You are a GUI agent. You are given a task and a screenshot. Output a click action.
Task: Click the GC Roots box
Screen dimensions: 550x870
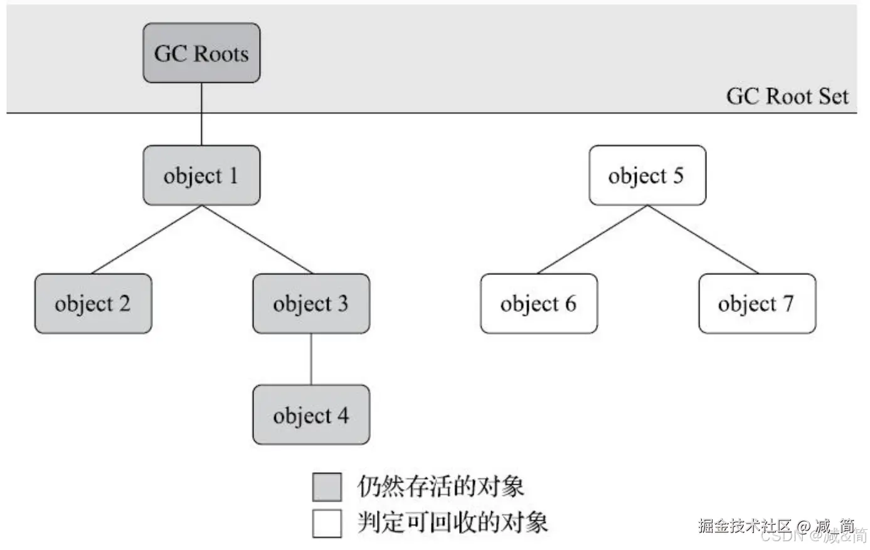201,53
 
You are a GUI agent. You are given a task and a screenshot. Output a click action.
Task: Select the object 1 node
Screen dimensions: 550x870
201,175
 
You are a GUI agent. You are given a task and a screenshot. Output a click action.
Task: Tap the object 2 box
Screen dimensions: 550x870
93,304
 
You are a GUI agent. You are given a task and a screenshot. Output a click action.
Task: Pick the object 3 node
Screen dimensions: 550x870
311,304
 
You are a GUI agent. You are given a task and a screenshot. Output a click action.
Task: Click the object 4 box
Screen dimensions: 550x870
311,415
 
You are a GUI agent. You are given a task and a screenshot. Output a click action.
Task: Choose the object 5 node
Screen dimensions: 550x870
647,175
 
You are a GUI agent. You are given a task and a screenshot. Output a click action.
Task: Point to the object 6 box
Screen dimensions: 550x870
538,304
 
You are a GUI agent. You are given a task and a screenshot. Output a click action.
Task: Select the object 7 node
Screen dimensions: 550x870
757,304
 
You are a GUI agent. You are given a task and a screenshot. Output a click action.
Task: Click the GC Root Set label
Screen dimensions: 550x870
787,96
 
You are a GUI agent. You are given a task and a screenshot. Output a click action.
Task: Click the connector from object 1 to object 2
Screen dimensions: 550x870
147,239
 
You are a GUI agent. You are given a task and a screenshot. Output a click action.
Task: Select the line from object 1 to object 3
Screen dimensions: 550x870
257,239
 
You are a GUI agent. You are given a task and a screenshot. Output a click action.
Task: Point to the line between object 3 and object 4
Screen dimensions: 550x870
311,359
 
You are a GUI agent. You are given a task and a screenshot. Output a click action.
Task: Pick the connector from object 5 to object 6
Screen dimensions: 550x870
593,239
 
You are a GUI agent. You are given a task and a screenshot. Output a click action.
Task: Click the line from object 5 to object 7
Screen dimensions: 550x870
702,239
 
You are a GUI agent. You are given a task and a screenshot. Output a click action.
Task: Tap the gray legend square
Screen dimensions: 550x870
327,487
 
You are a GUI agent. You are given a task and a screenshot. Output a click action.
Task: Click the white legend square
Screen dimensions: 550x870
327,523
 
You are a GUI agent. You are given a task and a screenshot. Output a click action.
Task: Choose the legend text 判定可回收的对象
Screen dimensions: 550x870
452,522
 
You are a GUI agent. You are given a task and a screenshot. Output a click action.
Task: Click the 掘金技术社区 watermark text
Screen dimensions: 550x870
745,525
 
